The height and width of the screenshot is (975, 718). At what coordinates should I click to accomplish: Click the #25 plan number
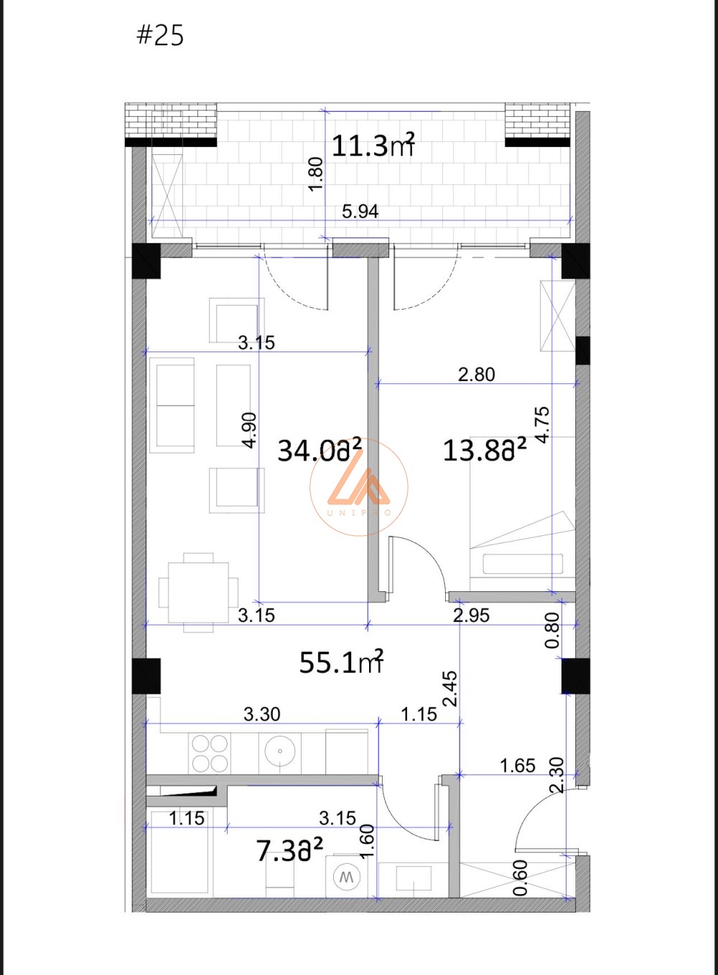160,35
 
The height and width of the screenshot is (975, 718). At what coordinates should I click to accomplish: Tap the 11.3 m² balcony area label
373,145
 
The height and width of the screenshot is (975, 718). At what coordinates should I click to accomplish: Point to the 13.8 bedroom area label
485,450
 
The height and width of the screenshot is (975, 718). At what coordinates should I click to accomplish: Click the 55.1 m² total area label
341,662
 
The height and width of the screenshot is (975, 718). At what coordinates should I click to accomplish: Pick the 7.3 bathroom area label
290,850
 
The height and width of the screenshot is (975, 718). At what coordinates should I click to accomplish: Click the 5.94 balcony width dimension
360,212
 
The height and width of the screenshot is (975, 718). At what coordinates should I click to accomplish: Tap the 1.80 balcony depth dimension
317,173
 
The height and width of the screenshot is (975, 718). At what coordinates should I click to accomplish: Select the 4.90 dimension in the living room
250,430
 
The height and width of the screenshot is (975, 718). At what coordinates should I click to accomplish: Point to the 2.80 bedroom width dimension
476,375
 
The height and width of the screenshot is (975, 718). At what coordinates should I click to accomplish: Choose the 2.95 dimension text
472,615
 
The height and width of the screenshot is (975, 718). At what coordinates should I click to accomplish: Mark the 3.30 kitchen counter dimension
262,715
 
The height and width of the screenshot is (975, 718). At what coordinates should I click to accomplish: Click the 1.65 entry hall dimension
518,766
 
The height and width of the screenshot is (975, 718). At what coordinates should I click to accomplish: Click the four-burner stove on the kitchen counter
210,753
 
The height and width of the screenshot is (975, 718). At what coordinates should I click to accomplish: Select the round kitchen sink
280,751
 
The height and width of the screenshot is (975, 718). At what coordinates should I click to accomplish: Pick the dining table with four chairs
199,592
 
